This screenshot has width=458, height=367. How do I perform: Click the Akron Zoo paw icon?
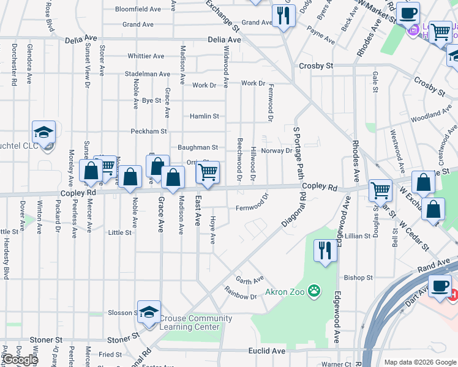(x=314, y=291)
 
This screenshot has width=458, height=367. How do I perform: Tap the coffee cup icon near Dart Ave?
(x=439, y=286)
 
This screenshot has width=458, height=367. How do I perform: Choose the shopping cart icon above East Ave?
(x=208, y=172)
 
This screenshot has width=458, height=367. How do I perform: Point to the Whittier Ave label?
(x=146, y=56)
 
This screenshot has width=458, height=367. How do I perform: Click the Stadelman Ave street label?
(x=146, y=74)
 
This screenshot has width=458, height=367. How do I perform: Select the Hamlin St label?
(x=204, y=116)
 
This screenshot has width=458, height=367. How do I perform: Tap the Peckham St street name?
(x=148, y=132)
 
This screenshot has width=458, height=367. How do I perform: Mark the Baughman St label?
(x=198, y=147)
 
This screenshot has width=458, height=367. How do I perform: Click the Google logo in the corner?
(x=20, y=360)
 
